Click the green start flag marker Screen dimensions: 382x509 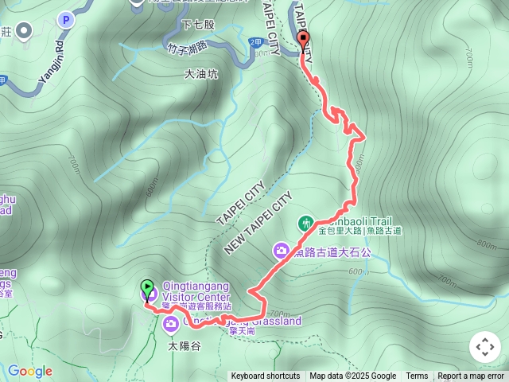[x=147, y=287]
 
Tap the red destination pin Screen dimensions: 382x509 [x=303, y=41]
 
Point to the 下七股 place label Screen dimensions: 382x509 [x=198, y=25]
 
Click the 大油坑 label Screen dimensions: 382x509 [x=200, y=75]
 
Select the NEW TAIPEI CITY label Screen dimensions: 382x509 [x=258, y=223]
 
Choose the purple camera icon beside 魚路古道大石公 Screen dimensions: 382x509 [x=281, y=251]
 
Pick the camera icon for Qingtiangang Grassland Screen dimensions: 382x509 [x=171, y=323]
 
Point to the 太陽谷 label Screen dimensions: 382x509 [x=185, y=346]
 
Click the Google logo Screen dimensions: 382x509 [x=29, y=371]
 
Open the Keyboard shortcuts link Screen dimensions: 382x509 [x=266, y=376]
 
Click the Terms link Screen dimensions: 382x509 [x=417, y=376]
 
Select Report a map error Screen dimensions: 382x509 [x=471, y=376]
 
